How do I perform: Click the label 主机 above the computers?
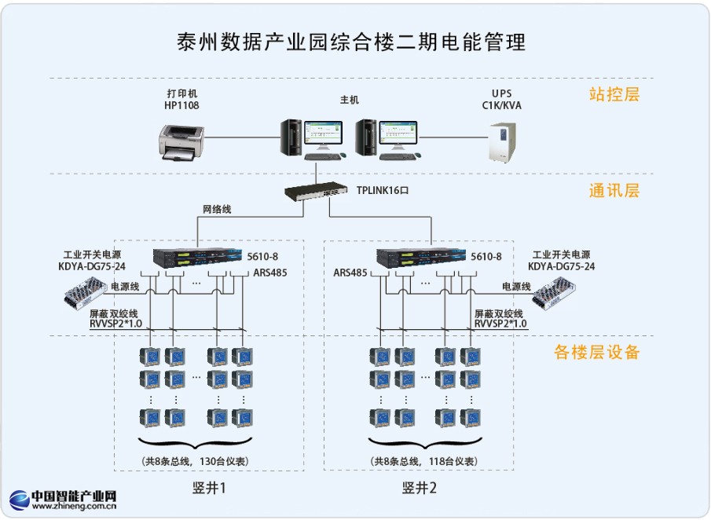click(350, 100)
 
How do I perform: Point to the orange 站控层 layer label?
click(614, 95)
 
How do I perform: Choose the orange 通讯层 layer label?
click(614, 191)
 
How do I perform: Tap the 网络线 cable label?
click(218, 210)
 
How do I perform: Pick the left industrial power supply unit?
click(86, 294)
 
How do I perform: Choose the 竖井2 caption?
click(420, 489)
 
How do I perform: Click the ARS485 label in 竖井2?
click(350, 273)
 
